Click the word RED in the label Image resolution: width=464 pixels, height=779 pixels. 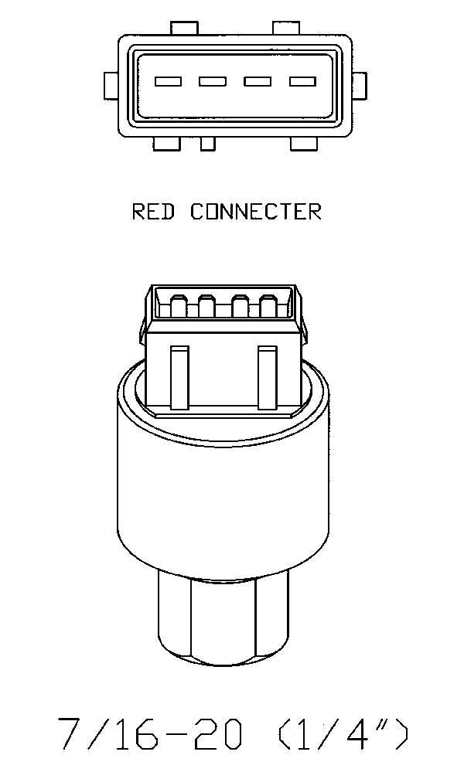tap(153, 212)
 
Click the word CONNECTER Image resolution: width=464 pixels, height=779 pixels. tap(256, 212)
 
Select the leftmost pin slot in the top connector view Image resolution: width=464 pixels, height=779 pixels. tap(168, 81)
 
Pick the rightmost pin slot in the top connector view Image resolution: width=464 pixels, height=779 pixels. tap(303, 81)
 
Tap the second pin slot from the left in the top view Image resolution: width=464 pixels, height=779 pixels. tap(213, 81)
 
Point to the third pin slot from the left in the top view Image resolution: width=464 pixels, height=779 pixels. tap(258, 81)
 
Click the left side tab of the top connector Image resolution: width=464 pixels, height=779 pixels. tap(111, 86)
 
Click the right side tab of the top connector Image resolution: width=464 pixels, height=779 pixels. tap(359, 86)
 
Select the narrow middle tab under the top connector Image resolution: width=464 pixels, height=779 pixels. tap(208, 144)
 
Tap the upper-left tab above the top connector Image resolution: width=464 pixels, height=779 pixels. tap(184, 29)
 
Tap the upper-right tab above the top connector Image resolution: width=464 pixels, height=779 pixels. tap(286, 29)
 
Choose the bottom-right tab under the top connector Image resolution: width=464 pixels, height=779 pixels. tap(303, 144)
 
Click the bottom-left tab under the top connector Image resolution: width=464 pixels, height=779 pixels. tap(166, 144)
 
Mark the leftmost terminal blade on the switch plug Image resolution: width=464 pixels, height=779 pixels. tap(179, 306)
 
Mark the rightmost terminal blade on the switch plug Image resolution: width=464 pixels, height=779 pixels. tap(268, 306)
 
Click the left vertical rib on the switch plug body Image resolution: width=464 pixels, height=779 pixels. tap(179, 378)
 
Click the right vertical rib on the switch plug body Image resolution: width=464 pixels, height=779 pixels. tap(268, 378)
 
